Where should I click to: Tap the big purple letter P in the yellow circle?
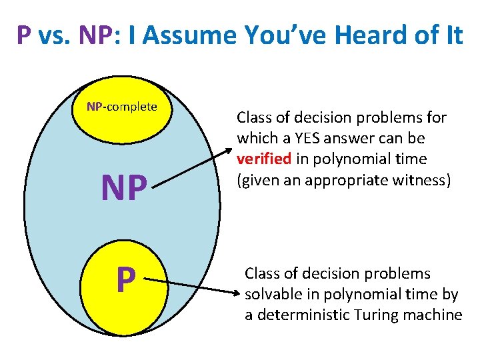[x=124, y=280]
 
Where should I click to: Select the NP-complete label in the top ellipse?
[x=123, y=107]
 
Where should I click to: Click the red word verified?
[x=259, y=159]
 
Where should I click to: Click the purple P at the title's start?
[x=25, y=35]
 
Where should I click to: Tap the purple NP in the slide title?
[x=93, y=35]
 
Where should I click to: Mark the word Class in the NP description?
[x=254, y=119]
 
